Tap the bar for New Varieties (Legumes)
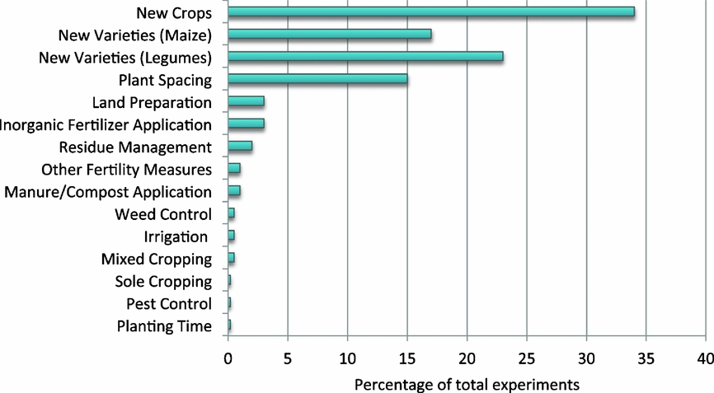tap(365, 57)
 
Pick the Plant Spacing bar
tap(317, 79)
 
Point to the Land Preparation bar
tap(246, 101)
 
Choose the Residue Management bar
tap(240, 146)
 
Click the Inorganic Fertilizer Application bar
tap(246, 124)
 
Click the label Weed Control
tap(163, 214)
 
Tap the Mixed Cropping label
tap(156, 259)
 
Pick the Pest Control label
tap(165, 303)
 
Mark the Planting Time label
tap(164, 325)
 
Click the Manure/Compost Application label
tap(107, 192)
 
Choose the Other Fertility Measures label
tap(126, 170)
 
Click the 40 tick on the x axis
tap(706, 359)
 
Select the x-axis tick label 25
tap(526, 359)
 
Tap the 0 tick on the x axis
tap(228, 359)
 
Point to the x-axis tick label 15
tap(406, 359)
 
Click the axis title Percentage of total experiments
tap(467, 384)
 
